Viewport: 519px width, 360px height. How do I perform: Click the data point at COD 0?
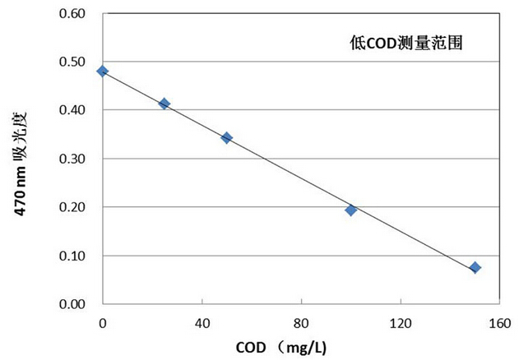point(102,71)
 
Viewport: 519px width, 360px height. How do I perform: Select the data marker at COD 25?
point(165,104)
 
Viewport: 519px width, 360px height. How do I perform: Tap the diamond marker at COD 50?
point(226,138)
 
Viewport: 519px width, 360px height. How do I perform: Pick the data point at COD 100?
point(350,210)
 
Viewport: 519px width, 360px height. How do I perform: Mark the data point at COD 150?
point(475,267)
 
